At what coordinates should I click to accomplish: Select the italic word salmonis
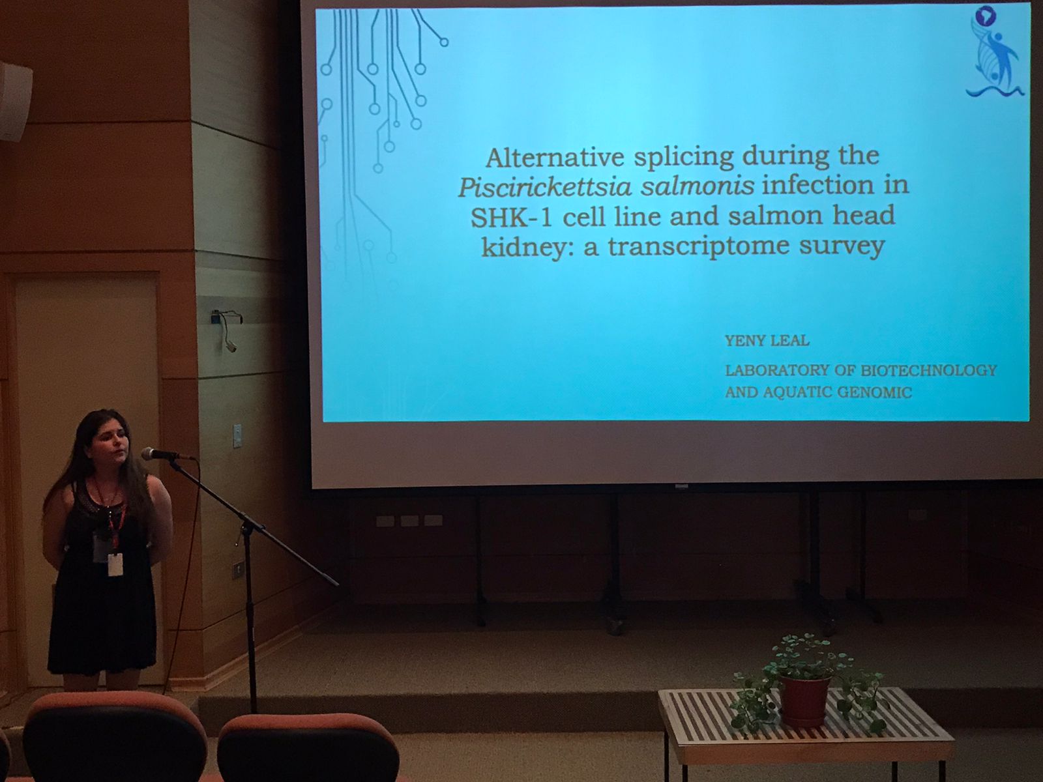pos(697,186)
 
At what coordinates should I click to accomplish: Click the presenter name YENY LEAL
pos(767,340)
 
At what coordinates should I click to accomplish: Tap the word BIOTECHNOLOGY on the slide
pos(928,370)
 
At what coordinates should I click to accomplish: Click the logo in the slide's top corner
pos(993,53)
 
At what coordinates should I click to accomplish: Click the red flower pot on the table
pos(805,701)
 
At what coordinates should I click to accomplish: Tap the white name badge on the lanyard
pos(115,564)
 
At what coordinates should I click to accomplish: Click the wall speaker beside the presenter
pos(15,102)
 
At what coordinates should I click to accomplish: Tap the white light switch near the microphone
pos(237,436)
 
